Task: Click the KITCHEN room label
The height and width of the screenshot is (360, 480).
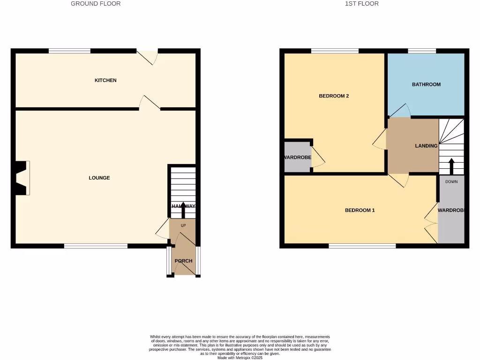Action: (105, 81)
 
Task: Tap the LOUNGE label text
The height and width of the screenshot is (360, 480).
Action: (99, 178)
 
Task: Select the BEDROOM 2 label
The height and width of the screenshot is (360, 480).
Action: (334, 96)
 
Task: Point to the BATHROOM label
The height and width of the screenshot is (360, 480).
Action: (426, 84)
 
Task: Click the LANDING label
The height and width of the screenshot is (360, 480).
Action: (426, 146)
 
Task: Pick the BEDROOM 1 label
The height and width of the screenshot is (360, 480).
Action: (360, 210)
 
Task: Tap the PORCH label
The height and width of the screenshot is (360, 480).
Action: (183, 261)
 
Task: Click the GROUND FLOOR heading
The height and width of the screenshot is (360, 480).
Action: (96, 4)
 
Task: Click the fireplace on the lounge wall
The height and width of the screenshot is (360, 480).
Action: (22, 178)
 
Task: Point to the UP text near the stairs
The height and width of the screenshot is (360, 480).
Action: (183, 225)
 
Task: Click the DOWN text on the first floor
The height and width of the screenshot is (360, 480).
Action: (451, 181)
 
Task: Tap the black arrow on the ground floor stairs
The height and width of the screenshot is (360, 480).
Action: (183, 210)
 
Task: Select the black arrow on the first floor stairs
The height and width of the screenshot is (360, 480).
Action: (451, 165)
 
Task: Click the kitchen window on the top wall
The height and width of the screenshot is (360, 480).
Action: (69, 51)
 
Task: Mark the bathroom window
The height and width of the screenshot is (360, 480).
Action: (422, 51)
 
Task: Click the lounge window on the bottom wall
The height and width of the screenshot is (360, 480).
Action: (96, 246)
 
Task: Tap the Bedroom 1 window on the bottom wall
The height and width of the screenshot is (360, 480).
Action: (362, 246)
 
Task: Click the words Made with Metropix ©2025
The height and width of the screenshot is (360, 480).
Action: (240, 358)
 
